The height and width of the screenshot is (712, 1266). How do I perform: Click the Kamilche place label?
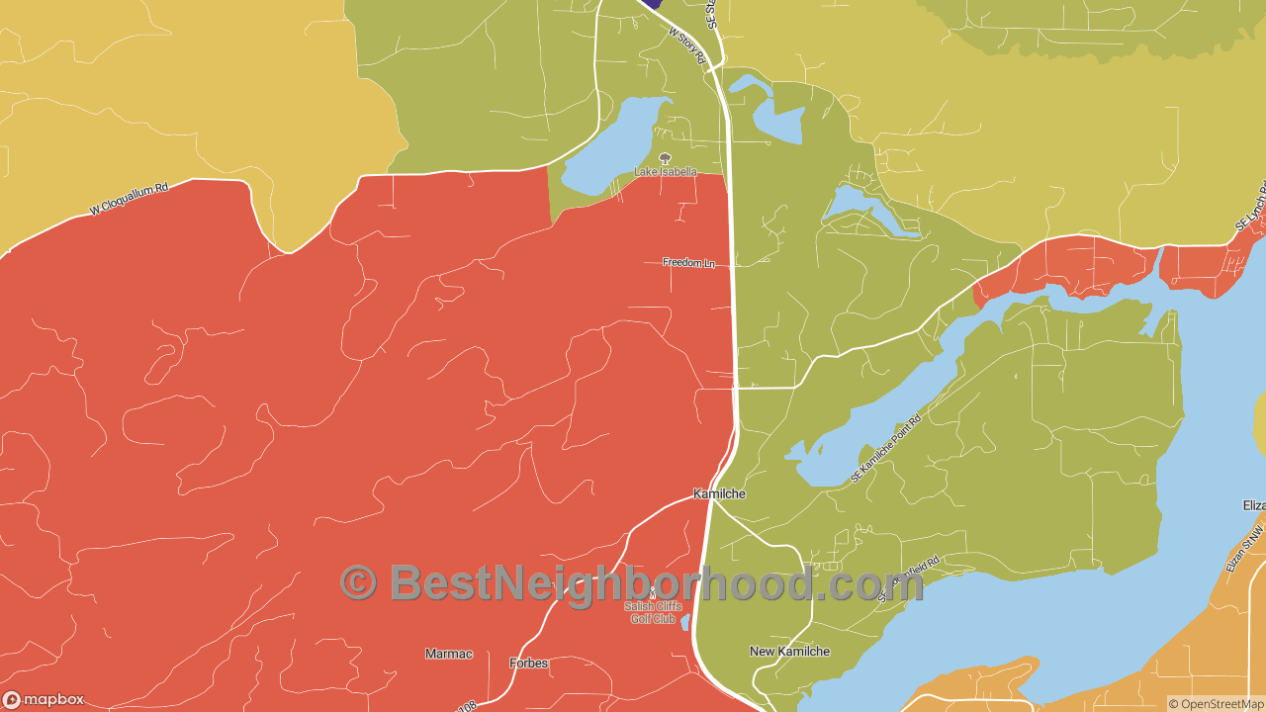click(x=719, y=493)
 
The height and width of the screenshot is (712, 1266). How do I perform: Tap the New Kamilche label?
click(x=789, y=652)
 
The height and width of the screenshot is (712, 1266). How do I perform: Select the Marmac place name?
click(x=449, y=654)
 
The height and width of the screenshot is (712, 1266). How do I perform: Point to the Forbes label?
click(x=528, y=663)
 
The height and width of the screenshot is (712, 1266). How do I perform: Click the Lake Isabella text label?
click(x=665, y=172)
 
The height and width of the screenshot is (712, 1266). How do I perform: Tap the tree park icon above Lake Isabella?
click(x=665, y=157)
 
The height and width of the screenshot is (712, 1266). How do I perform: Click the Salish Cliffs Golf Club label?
click(x=653, y=613)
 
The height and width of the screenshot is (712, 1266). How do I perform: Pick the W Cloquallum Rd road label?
click(x=129, y=198)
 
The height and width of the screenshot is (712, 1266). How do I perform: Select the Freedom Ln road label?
click(x=688, y=263)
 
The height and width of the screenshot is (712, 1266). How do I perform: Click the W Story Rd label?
click(x=686, y=45)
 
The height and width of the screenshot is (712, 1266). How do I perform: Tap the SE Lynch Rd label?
click(x=1251, y=208)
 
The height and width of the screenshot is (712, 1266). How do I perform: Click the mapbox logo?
click(x=44, y=700)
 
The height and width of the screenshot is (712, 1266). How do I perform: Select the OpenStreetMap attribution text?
click(x=1217, y=704)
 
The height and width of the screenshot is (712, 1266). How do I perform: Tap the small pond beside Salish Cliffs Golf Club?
click(x=685, y=621)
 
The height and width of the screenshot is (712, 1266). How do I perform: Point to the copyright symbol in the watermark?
click(x=358, y=582)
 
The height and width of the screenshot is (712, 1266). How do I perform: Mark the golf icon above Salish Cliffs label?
click(x=652, y=593)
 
